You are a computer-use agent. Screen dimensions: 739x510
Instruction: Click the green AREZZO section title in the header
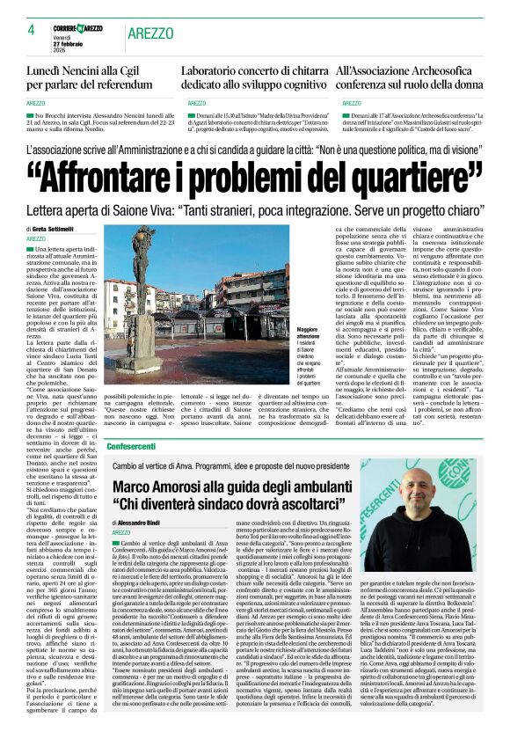tap(150, 33)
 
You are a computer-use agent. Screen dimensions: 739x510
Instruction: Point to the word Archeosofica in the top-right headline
tap(426, 70)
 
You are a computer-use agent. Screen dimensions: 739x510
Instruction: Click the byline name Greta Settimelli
tap(62, 230)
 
